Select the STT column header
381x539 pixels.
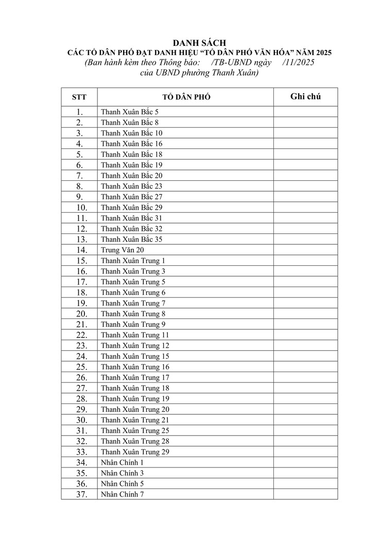79,97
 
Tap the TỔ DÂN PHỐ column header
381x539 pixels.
186,97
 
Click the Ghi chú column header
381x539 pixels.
305,96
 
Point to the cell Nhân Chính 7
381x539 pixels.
123,494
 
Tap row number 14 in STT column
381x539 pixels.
79,250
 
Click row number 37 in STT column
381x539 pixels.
79,494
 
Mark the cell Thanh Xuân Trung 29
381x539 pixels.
135,452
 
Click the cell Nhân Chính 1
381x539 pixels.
123,462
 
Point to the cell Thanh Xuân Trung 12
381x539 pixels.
135,346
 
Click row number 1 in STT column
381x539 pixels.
79,112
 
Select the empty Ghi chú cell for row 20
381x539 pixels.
305,314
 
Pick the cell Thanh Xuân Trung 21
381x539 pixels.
135,420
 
